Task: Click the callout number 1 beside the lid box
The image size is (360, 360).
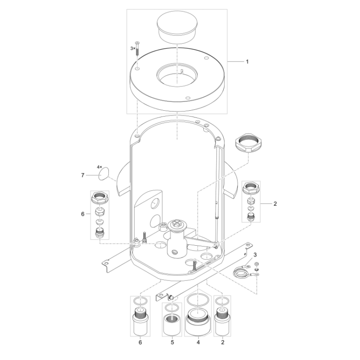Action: pyautogui.click(x=247, y=62)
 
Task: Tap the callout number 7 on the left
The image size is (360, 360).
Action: pyautogui.click(x=83, y=175)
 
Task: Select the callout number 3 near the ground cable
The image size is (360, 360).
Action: pyautogui.click(x=255, y=255)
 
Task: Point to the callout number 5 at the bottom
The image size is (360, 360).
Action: pyautogui.click(x=172, y=342)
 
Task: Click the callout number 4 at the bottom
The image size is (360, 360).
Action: pyautogui.click(x=198, y=342)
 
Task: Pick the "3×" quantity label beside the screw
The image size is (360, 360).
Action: pyautogui.click(x=133, y=49)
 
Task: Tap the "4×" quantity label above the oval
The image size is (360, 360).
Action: pyautogui.click(x=99, y=167)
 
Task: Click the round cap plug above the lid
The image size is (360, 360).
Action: pyautogui.click(x=177, y=29)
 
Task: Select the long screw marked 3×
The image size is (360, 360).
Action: pyautogui.click(x=137, y=49)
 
